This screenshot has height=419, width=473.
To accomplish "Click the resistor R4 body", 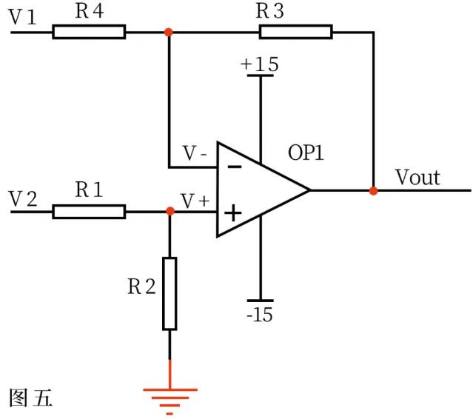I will [x=89, y=32].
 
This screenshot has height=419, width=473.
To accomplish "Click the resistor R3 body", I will [x=295, y=32].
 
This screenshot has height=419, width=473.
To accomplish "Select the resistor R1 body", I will [x=89, y=212].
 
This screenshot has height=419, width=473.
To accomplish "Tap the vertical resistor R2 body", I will [x=170, y=293].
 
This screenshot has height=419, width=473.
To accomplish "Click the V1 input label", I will [x=23, y=17].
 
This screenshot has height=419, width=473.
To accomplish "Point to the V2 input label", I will [x=23, y=198].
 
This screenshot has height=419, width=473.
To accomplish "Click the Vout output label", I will [x=417, y=178].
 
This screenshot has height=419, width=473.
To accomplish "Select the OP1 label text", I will [x=306, y=153].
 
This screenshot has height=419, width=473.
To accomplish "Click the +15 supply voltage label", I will [x=260, y=64].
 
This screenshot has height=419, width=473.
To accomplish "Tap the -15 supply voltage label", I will [x=260, y=315].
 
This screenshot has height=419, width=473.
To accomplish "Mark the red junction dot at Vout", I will [x=374, y=190].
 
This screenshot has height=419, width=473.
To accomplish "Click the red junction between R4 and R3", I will [x=169, y=32].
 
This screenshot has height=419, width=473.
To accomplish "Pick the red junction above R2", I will [x=170, y=212].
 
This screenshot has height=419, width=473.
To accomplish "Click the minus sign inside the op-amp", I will [x=234, y=167].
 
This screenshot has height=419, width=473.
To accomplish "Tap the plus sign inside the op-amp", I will [x=233, y=214].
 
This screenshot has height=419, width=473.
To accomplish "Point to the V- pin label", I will [x=195, y=153].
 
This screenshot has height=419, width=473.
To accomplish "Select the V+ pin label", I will [x=195, y=200].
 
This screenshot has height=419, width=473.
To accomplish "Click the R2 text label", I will [x=141, y=286].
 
